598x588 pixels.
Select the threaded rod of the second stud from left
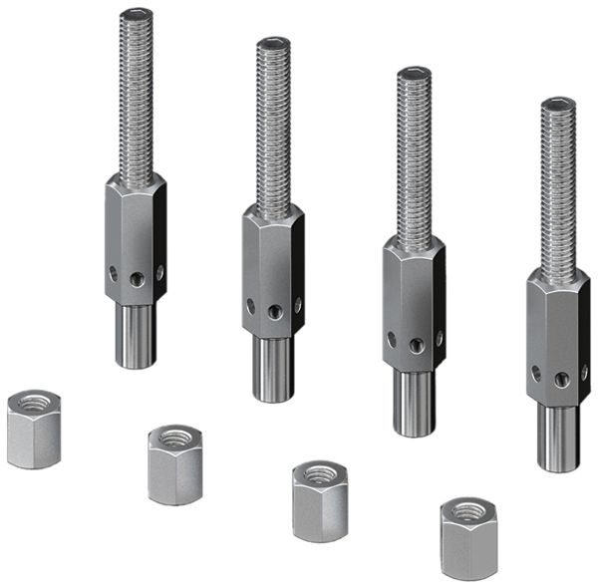[272, 125]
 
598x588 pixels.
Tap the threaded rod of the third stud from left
[413, 154]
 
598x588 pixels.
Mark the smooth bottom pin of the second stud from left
[272, 369]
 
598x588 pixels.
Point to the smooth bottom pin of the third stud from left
[414, 404]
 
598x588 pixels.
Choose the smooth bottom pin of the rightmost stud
[558, 439]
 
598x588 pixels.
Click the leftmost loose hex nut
[33, 431]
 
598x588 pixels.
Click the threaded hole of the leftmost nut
[34, 404]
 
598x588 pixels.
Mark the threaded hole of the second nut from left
[175, 438]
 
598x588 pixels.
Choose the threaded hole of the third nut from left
[320, 474]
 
